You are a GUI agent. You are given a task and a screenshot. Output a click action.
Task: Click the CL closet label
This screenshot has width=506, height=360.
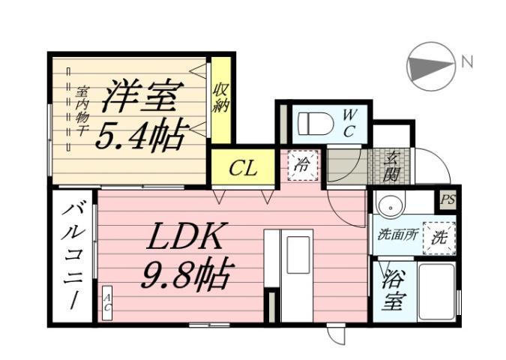pyautogui.click(x=243, y=168)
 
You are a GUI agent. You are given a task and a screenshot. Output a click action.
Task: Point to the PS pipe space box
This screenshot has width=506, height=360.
pyautogui.click(x=448, y=199)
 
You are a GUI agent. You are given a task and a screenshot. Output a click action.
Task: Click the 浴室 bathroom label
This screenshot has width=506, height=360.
pyautogui.click(x=394, y=292)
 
